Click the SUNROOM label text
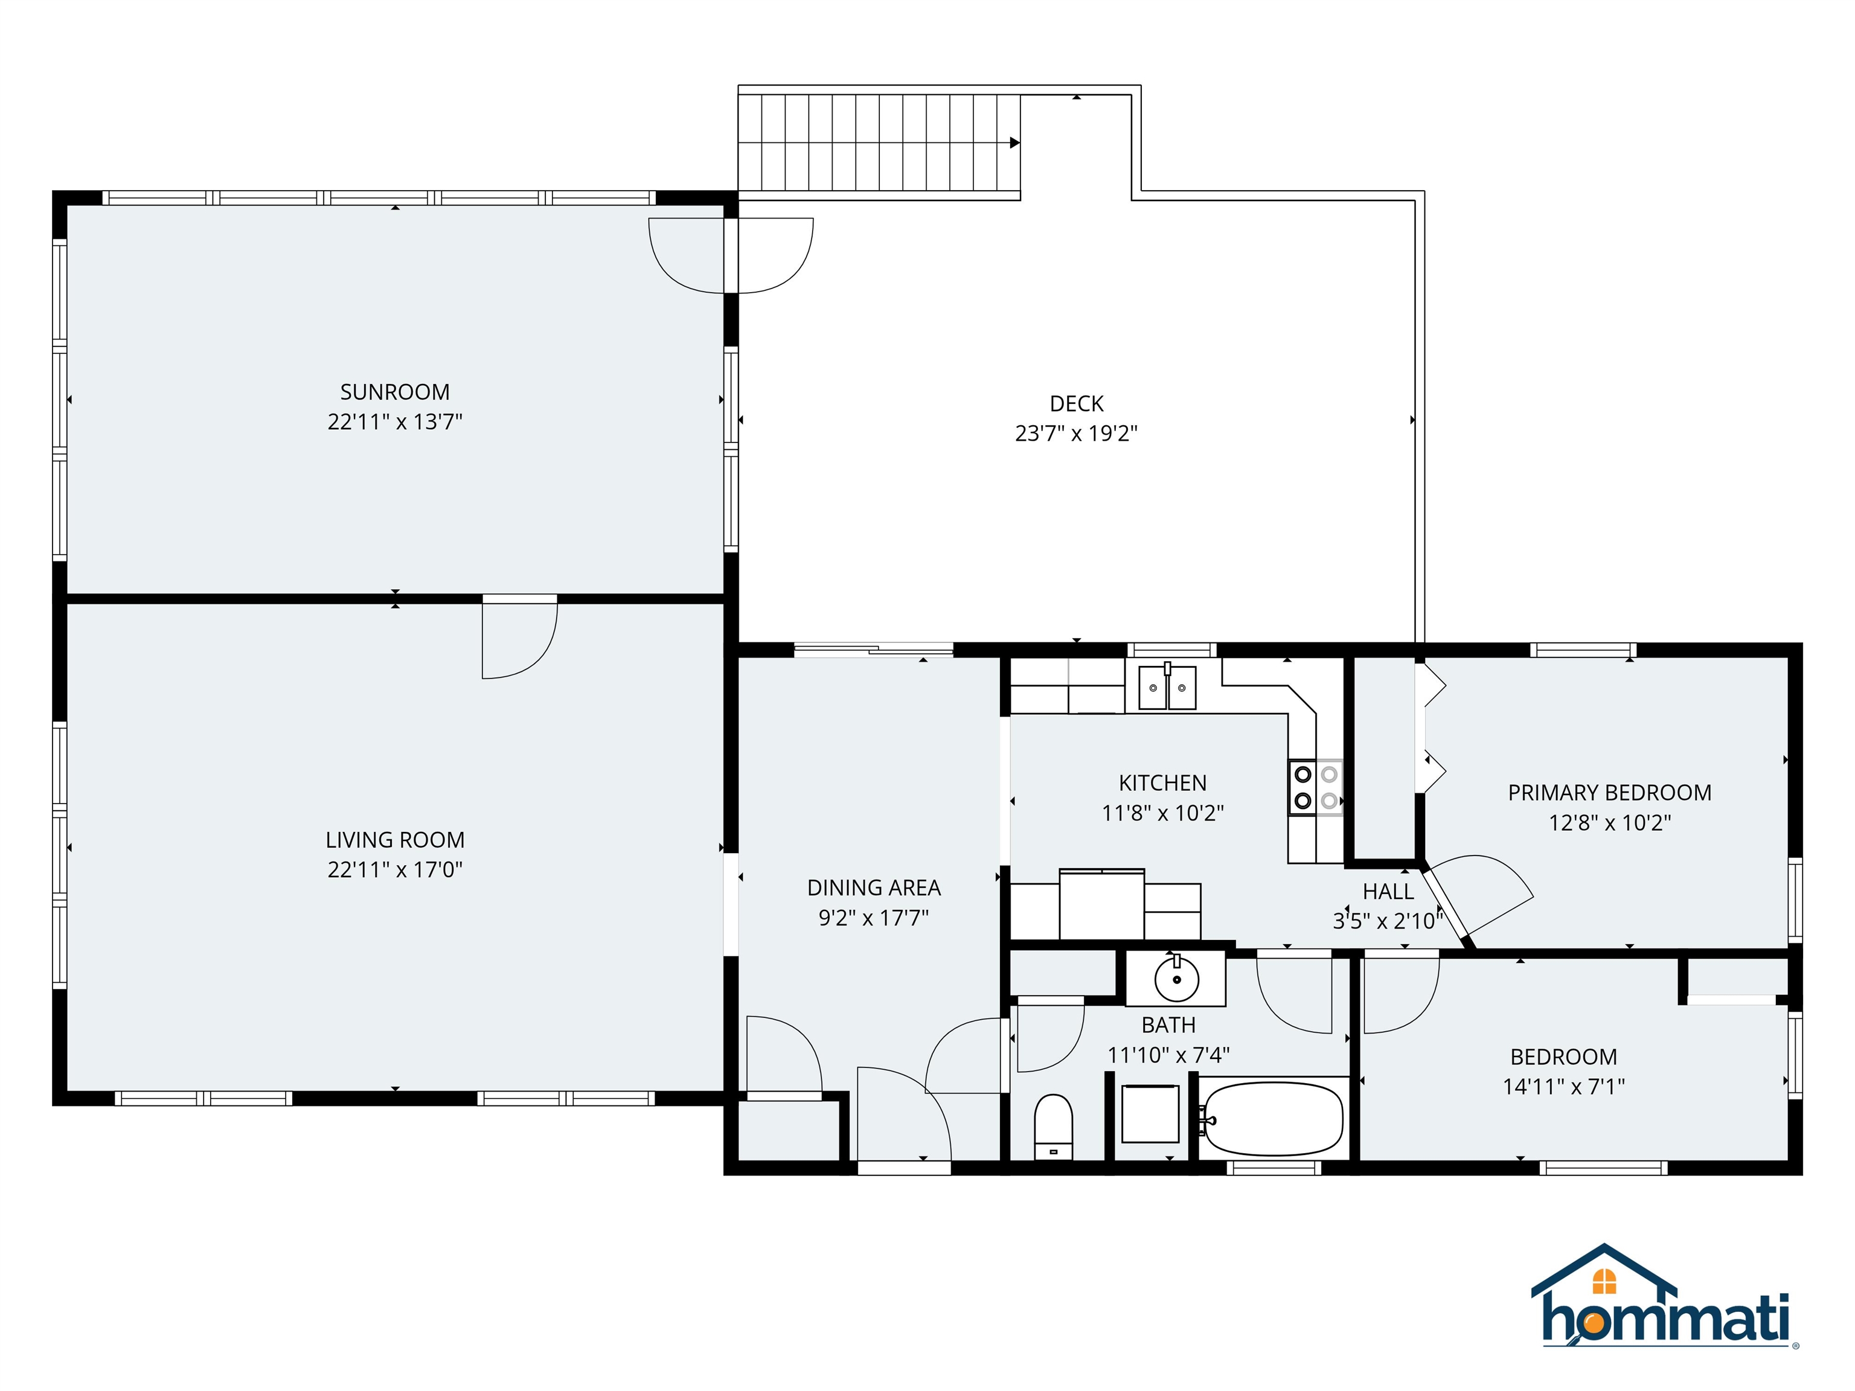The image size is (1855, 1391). tap(394, 392)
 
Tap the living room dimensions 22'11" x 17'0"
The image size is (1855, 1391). tap(394, 869)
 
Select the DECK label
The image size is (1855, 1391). tap(1076, 403)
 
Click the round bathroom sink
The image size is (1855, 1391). tap(1176, 979)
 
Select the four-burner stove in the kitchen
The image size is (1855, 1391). tap(1316, 787)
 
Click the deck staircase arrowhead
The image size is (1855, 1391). tap(1014, 142)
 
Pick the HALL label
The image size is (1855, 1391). tap(1388, 891)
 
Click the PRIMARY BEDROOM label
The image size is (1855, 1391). tap(1609, 792)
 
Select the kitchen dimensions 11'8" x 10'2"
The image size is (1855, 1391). tap(1162, 813)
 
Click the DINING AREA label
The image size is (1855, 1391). tap(873, 887)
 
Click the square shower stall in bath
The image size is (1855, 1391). tap(1150, 1113)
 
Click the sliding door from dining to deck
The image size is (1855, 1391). tap(873, 649)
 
